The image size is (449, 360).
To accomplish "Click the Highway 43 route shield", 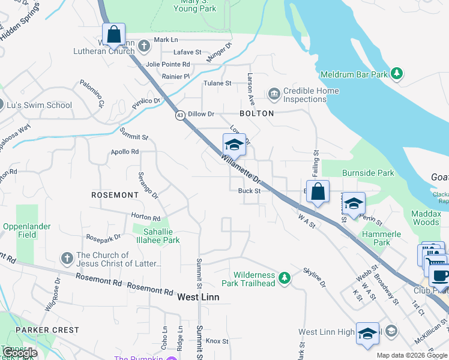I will [180, 115].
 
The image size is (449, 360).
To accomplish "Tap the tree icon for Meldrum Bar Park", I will [396, 74].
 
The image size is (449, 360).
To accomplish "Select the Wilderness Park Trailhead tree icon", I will [285, 278].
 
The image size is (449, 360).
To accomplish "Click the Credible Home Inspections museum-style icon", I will [274, 94].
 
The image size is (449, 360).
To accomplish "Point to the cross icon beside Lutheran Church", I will [144, 46].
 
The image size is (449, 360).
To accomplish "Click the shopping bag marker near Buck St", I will [318, 191].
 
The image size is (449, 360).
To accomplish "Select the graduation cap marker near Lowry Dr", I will [234, 145].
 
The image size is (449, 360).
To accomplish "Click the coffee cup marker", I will [440, 276].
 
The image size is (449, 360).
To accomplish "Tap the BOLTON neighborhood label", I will [257, 113].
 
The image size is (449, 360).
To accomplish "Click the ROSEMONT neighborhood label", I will [115, 195].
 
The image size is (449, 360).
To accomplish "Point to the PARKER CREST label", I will [47, 330].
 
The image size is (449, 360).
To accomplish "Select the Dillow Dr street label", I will [201, 113].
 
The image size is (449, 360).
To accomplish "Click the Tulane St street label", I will [218, 83].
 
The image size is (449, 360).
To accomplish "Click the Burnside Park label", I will [368, 173].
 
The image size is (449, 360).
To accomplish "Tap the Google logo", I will [20, 353].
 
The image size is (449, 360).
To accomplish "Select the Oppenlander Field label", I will [26, 231].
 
